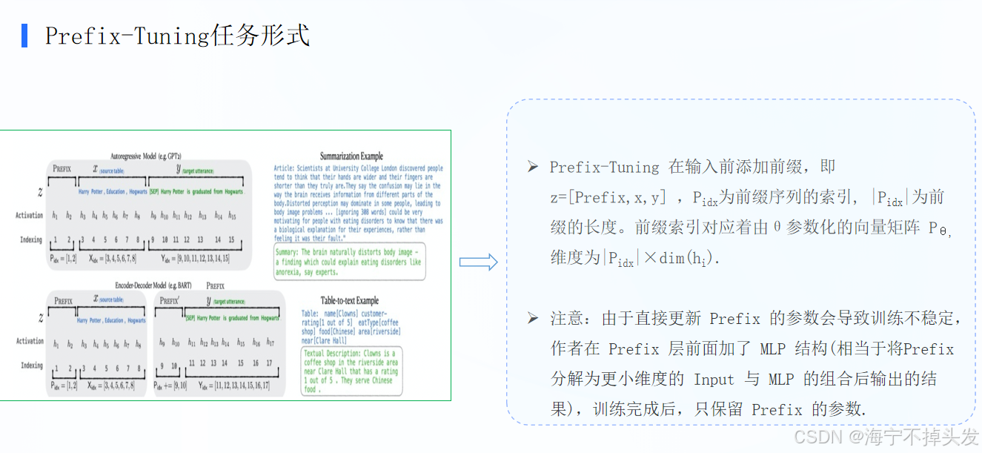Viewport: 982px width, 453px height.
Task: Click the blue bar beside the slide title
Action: point(24,36)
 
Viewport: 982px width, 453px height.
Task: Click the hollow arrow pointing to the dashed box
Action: point(478,262)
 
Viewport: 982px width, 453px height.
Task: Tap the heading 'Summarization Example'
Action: point(351,156)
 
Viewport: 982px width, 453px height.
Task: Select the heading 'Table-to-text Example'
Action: point(349,300)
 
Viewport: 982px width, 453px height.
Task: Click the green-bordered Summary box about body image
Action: point(349,262)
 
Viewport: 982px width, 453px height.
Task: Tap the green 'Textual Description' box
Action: point(351,371)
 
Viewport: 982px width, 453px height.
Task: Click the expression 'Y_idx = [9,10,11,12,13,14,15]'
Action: point(196,259)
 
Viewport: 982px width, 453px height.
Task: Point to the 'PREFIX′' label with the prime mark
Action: point(170,300)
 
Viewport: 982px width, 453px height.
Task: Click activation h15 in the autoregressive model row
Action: point(232,216)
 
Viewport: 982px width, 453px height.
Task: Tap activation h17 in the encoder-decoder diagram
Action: point(271,343)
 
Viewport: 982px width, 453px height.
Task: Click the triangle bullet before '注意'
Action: point(532,318)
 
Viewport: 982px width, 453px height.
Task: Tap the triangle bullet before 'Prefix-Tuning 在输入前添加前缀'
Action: point(532,167)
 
